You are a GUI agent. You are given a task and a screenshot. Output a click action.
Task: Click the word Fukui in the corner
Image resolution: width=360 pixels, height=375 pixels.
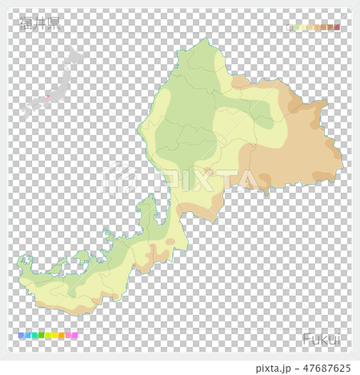click(321, 339)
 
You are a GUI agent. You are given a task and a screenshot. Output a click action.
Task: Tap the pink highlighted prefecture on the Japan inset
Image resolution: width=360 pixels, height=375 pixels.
click(46, 97)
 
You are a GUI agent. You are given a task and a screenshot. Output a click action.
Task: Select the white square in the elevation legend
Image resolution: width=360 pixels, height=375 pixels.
click(290, 27)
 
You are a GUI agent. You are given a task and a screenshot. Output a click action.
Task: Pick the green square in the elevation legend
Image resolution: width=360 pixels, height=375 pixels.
click(298, 27)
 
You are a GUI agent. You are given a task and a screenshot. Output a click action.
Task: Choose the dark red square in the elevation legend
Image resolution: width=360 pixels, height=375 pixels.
click(337, 27)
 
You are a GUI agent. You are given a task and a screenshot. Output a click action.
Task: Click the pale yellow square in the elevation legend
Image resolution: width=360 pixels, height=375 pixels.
click(304, 27)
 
